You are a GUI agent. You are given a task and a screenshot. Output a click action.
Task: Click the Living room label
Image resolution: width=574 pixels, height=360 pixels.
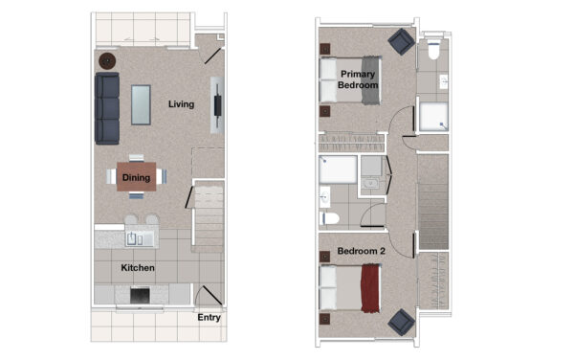(x=181, y=104)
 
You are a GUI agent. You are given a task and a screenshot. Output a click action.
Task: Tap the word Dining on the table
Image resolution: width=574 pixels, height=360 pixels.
(x=136, y=178)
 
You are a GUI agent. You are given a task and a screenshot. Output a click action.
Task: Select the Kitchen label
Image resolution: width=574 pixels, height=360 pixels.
(x=138, y=268)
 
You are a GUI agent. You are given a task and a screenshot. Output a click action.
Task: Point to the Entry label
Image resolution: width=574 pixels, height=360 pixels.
(x=209, y=318)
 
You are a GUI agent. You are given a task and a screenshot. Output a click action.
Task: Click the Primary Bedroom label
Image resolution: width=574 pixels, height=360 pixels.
(x=358, y=79)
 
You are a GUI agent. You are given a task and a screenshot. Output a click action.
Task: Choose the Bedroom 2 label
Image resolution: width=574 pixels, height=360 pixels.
(x=361, y=251)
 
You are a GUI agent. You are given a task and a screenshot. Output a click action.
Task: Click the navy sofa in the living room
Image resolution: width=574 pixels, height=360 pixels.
(x=107, y=108)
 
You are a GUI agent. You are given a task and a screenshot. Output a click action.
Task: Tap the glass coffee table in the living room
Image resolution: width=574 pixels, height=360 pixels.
(x=141, y=104)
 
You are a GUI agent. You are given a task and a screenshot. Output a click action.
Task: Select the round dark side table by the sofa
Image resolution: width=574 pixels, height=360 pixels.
(x=107, y=61)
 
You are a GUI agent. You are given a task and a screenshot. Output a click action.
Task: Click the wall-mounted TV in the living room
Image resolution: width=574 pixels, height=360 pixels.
(x=218, y=106)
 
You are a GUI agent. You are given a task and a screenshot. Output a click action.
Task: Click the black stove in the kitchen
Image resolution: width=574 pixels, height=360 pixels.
(x=140, y=296)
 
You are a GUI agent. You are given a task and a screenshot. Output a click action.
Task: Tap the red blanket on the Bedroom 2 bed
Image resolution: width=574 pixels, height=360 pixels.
(x=370, y=288)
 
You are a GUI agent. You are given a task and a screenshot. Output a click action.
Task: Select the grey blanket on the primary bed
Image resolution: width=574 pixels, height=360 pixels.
(x=371, y=80)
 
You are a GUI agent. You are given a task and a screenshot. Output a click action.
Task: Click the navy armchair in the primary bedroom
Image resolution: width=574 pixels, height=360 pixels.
(x=401, y=41)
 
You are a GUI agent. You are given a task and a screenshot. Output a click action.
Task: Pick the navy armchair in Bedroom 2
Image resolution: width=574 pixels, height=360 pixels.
(x=401, y=323)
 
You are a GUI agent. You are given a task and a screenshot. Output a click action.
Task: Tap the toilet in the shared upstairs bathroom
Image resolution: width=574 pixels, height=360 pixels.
(x=330, y=218)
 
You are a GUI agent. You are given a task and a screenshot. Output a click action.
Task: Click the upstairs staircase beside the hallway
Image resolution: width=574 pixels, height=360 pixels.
(x=433, y=201)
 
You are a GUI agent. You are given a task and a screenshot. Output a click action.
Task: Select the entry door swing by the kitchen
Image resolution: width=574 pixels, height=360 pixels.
(x=209, y=295)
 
